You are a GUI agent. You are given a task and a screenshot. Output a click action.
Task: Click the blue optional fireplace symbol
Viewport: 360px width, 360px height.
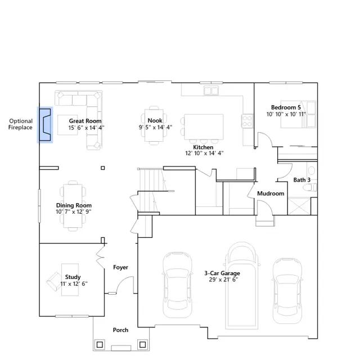click(45, 125)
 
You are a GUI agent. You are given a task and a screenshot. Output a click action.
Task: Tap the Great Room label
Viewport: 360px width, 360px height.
click(85, 121)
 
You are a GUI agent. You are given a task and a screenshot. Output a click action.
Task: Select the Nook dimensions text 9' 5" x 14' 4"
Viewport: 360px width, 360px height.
click(155, 127)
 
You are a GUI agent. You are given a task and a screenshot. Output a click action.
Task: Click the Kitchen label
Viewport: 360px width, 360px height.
click(203, 147)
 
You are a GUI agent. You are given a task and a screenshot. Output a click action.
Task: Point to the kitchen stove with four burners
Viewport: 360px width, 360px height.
click(247, 121)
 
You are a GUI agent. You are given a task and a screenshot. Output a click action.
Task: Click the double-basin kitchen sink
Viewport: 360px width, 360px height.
click(211, 91)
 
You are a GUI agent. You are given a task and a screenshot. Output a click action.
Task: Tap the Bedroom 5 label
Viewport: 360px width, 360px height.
click(286, 107)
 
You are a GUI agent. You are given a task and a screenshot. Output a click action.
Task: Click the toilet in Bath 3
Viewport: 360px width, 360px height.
click(310, 187)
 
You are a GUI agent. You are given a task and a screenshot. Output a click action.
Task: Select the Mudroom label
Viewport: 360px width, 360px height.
click(271, 193)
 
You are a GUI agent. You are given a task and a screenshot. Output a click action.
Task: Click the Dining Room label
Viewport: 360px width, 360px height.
click(74, 205)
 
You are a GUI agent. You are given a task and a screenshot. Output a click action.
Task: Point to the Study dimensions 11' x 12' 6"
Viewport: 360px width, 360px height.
click(74, 283)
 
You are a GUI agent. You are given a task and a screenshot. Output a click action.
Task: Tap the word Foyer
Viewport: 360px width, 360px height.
click(120, 267)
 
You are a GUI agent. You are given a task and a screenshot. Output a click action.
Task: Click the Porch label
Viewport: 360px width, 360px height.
click(120, 330)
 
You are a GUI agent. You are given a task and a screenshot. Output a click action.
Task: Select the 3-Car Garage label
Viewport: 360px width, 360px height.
click(222, 273)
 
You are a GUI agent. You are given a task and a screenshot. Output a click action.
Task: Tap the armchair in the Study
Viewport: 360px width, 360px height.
click(55, 281)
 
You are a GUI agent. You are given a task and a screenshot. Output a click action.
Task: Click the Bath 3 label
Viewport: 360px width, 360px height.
click(302, 180)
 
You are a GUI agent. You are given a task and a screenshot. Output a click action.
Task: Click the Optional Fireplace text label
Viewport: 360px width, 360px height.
click(20, 124)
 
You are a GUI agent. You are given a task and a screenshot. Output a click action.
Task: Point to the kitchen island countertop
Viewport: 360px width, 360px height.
click(204, 127)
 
